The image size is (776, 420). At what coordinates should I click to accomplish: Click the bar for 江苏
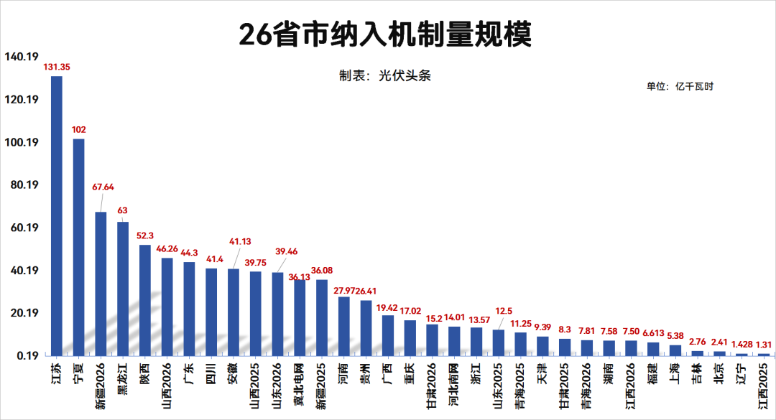(x=56, y=215)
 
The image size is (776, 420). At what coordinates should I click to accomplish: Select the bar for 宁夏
(x=78, y=247)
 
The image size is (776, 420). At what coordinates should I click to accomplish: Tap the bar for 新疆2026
(x=101, y=284)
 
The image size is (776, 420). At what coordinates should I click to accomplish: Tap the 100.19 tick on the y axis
(x=21, y=143)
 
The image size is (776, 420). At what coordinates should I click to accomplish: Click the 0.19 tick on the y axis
(x=26, y=356)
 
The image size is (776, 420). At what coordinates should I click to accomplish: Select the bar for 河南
(x=344, y=326)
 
